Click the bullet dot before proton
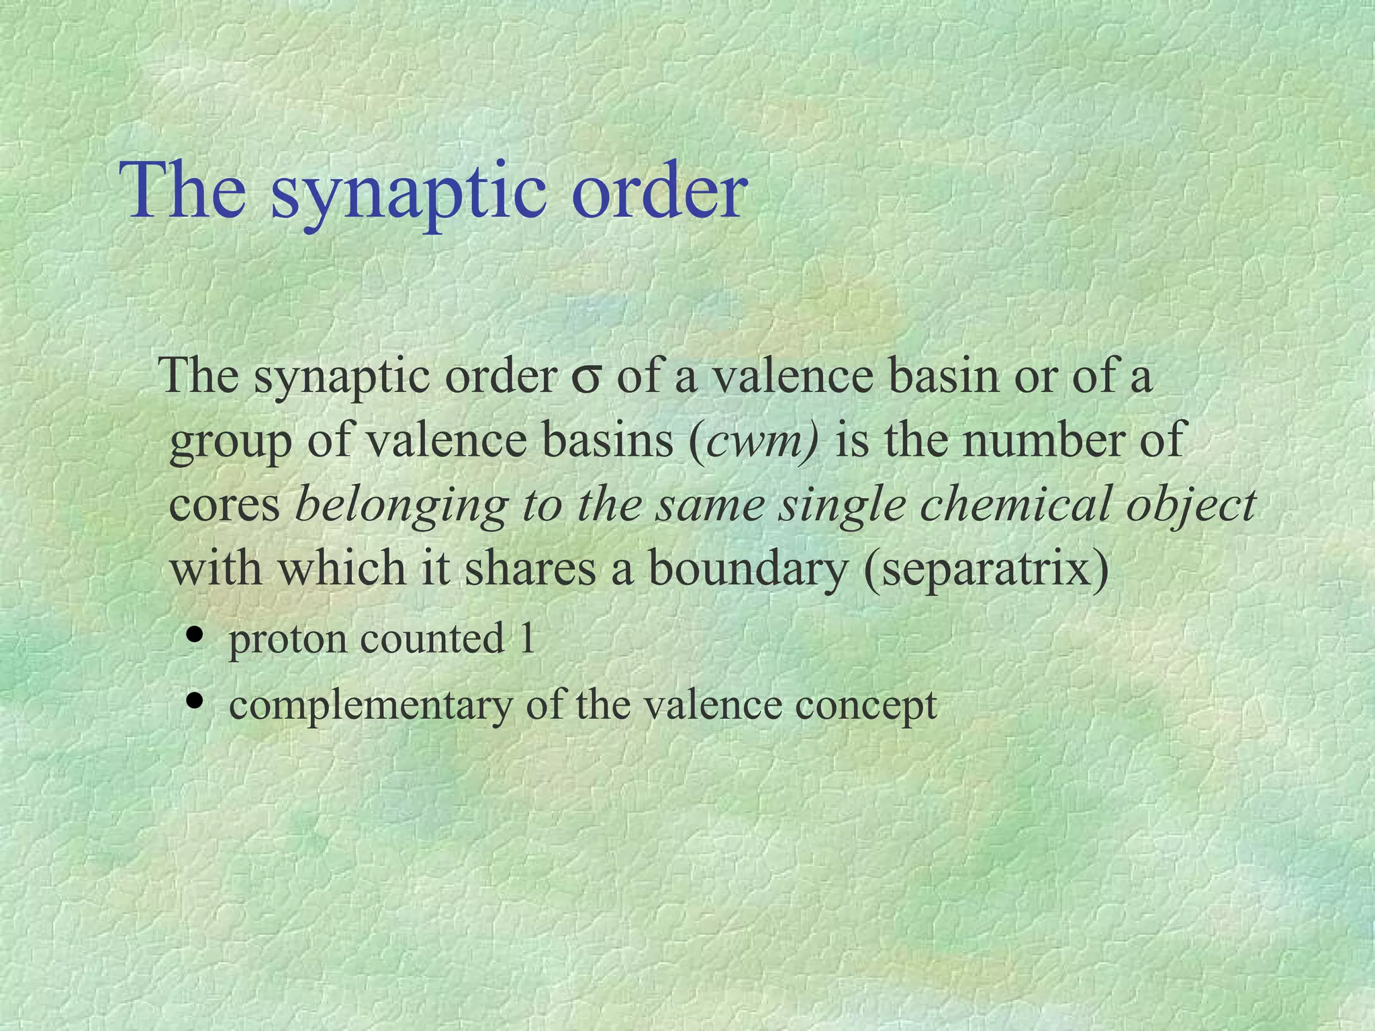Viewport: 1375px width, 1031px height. tap(196, 634)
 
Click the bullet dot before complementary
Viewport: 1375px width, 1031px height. tap(196, 701)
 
